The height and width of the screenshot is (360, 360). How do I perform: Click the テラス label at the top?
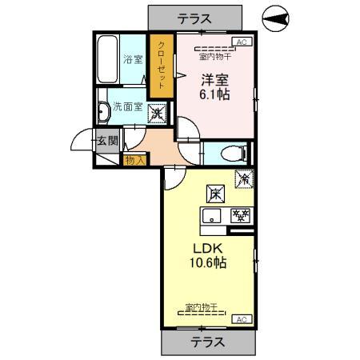(x=194, y=16)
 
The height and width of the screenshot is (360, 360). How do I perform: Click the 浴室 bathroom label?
(x=132, y=59)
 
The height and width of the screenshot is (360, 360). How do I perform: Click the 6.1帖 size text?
(x=214, y=94)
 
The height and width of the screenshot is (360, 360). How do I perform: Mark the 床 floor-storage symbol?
(x=216, y=193)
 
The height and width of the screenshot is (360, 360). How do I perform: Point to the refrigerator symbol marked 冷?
(x=242, y=181)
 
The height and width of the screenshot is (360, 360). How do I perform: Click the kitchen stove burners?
(x=239, y=214)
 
